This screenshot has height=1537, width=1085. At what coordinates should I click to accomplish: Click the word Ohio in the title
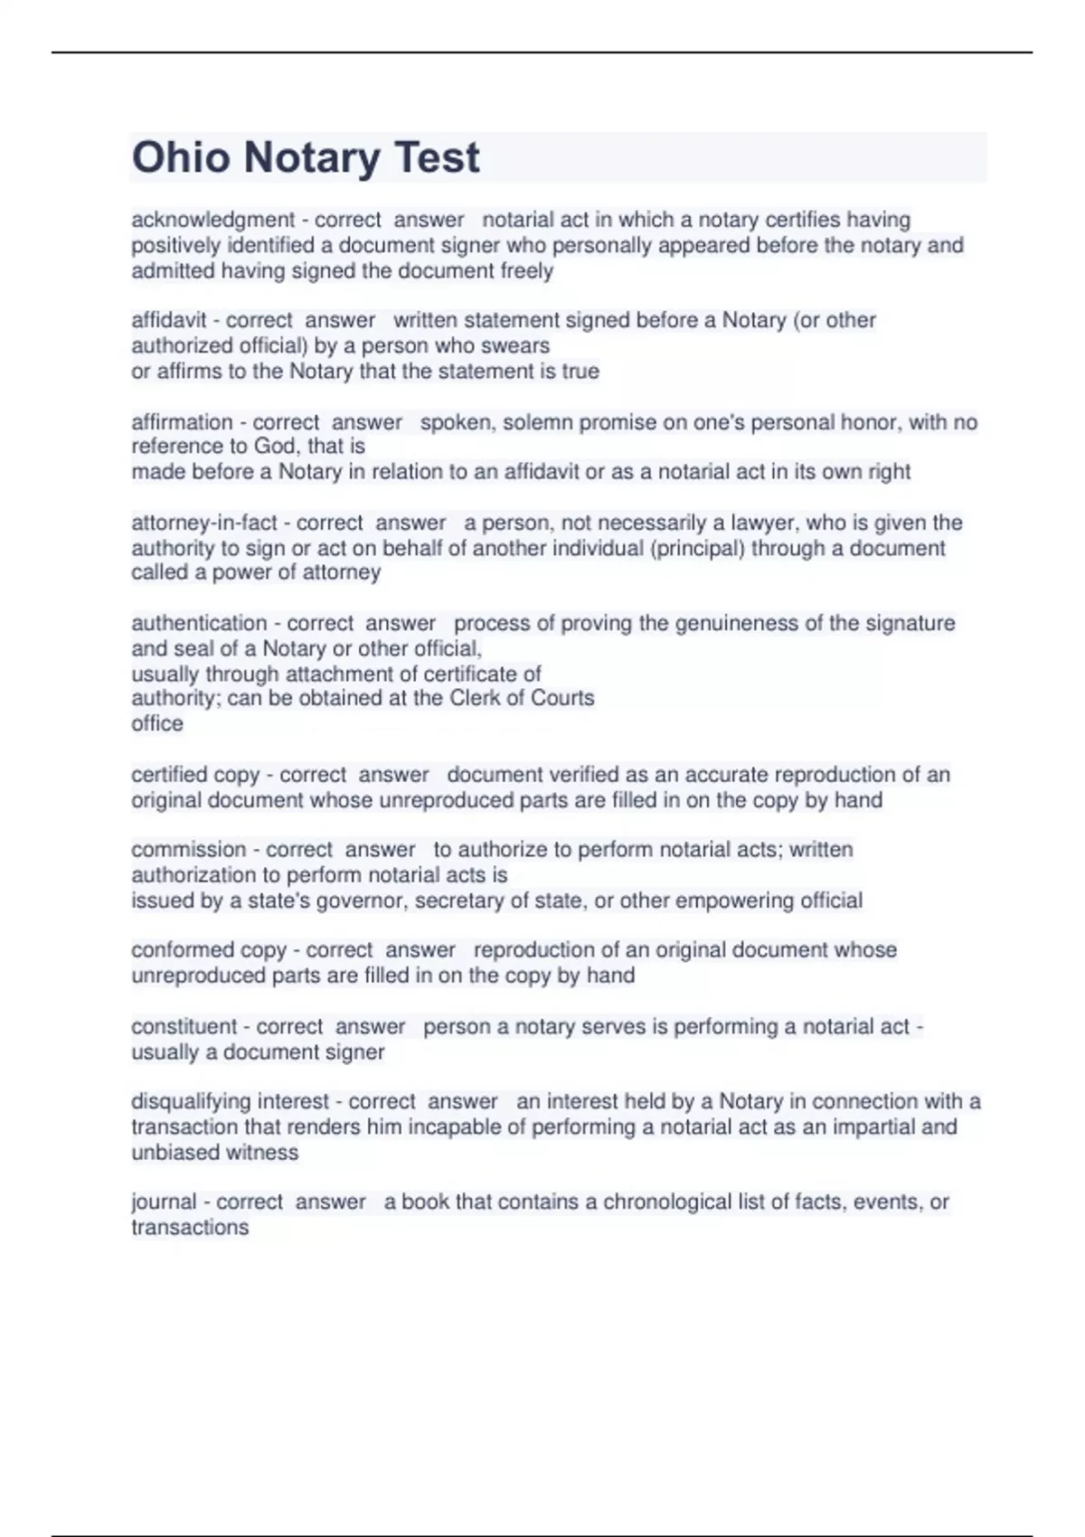(181, 157)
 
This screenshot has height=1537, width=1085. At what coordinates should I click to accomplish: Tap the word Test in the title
(437, 157)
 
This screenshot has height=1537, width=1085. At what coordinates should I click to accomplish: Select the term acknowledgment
(212, 220)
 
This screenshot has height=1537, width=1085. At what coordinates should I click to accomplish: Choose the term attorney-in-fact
(204, 523)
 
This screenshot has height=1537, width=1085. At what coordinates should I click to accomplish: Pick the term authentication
(199, 623)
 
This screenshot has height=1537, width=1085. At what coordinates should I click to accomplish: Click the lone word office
(156, 723)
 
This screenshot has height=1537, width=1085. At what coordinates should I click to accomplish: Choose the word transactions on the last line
(189, 1227)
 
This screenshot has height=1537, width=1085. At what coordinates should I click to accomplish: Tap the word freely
(526, 270)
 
